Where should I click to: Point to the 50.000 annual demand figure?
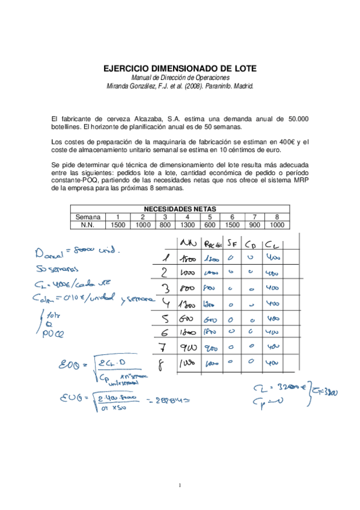click(299, 119)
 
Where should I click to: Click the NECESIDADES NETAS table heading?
click(179, 209)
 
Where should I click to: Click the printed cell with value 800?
click(165, 225)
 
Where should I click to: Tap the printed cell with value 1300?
click(188, 225)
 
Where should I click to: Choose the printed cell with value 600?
click(210, 225)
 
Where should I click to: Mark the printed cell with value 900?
click(254, 225)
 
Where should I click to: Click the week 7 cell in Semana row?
click(254, 217)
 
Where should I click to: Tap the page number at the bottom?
click(180, 484)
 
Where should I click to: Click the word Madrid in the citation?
click(243, 87)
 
